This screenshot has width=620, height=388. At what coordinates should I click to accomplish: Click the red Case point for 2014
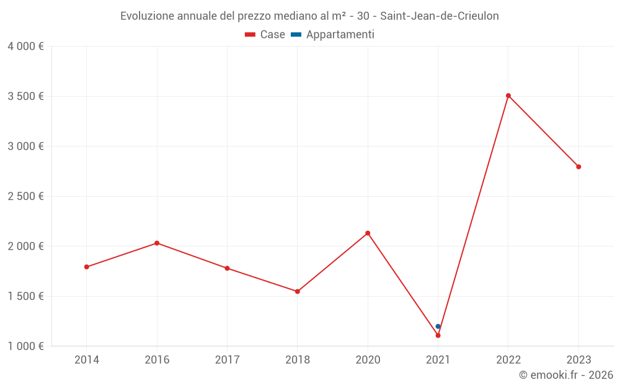[87, 267]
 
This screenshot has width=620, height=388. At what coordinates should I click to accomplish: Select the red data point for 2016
[157, 243]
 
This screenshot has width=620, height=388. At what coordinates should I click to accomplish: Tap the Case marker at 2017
[227, 268]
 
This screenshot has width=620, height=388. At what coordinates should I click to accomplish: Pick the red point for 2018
[298, 291]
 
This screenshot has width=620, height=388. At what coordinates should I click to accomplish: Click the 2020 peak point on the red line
[368, 233]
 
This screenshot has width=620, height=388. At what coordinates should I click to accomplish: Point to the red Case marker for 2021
[438, 335]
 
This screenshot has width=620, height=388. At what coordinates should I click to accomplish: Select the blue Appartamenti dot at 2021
[438, 326]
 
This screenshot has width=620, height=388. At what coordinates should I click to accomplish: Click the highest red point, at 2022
[508, 96]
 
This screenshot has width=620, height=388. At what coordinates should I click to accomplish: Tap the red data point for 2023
[578, 166]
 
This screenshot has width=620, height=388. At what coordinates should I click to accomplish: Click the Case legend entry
[265, 35]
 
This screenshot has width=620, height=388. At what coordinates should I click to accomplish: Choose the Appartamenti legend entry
[333, 35]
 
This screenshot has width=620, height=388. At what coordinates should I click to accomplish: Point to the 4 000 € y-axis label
[25, 47]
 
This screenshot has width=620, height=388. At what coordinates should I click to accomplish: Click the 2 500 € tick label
[25, 196]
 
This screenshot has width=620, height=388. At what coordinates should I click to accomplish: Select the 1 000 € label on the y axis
[25, 346]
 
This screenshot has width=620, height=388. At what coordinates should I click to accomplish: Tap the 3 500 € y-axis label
[25, 96]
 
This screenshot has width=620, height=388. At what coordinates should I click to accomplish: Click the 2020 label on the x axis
[368, 359]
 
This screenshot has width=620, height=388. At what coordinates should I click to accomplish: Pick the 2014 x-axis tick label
[87, 359]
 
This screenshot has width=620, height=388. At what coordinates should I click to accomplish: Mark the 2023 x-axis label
[578, 359]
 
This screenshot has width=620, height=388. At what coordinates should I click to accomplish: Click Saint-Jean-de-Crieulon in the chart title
[439, 16]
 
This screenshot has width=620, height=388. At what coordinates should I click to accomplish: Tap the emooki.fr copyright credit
[566, 375]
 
